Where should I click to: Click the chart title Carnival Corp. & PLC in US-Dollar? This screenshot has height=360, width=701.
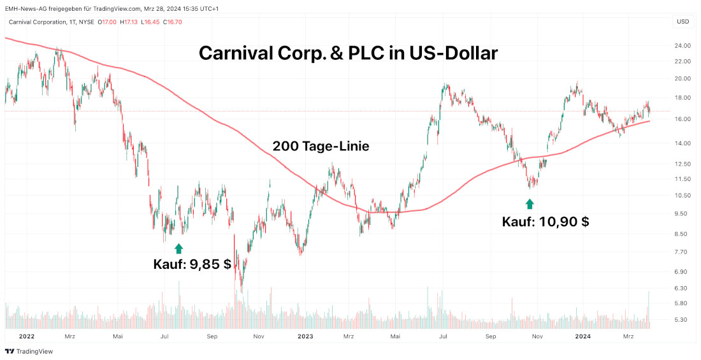(x=348, y=53)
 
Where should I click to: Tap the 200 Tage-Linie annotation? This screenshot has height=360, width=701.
(x=321, y=147)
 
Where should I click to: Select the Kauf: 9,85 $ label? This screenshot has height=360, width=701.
(x=192, y=264)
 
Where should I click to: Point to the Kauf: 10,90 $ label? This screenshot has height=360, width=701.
(x=545, y=222)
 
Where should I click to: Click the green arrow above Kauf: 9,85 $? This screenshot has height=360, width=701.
(x=178, y=248)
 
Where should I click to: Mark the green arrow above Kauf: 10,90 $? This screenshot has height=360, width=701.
(x=529, y=203)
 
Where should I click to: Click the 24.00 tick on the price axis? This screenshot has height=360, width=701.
(x=683, y=46)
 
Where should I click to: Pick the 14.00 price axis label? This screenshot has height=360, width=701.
(x=683, y=143)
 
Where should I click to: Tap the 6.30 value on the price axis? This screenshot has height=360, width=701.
(x=683, y=288)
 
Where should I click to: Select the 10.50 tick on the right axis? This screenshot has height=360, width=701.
(x=683, y=196)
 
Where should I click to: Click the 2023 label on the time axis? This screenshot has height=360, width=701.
(x=305, y=336)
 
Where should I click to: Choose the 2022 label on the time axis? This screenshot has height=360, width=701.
(x=27, y=336)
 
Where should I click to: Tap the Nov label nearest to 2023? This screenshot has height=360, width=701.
(x=259, y=336)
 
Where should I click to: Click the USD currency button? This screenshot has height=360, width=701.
(x=683, y=22)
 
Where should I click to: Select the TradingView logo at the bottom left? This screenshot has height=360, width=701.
(x=29, y=351)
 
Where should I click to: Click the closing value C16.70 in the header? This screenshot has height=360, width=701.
(x=173, y=22)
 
